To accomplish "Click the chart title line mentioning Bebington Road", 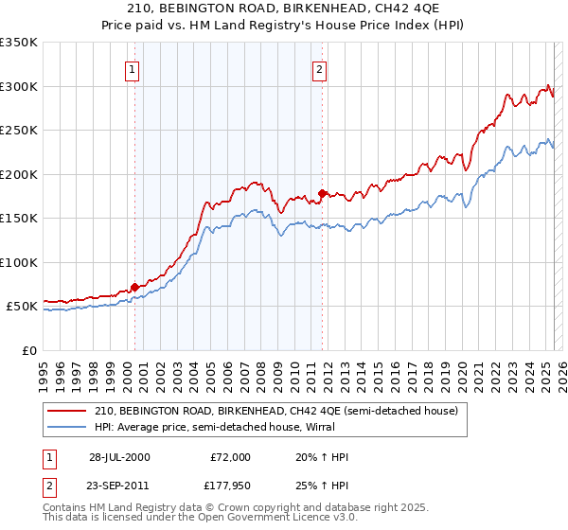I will click(283, 9).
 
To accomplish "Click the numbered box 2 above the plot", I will click(320, 68).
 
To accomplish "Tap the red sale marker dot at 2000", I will click(134, 287).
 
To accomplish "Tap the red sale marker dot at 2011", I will click(323, 194).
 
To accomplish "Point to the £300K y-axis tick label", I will click(19, 86).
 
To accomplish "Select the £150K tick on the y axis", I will click(19, 219).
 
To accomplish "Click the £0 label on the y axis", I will click(28, 350).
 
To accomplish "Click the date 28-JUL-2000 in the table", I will click(119, 457).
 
